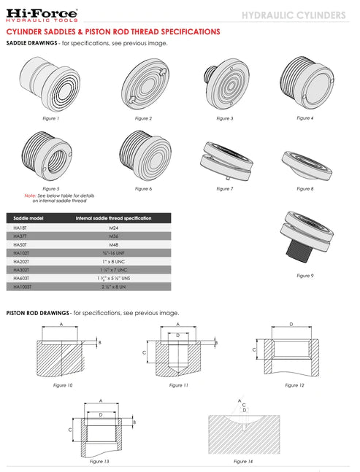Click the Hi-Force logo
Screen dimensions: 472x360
tap(42, 15)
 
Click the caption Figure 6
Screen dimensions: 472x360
tap(143, 188)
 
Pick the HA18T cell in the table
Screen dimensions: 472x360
tap(20, 228)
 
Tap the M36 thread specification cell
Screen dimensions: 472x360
tap(113, 236)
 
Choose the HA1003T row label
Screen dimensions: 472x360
tap(23, 287)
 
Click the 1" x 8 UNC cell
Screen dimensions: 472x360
tap(113, 261)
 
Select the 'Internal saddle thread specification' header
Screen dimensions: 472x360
tap(113, 218)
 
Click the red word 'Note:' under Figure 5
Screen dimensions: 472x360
tap(30, 196)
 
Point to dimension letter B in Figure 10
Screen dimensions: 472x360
tap(99, 341)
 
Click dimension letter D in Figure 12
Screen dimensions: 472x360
tap(291, 323)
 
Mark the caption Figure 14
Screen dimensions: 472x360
tap(243, 462)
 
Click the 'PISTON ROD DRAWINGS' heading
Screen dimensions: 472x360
tap(37, 312)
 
